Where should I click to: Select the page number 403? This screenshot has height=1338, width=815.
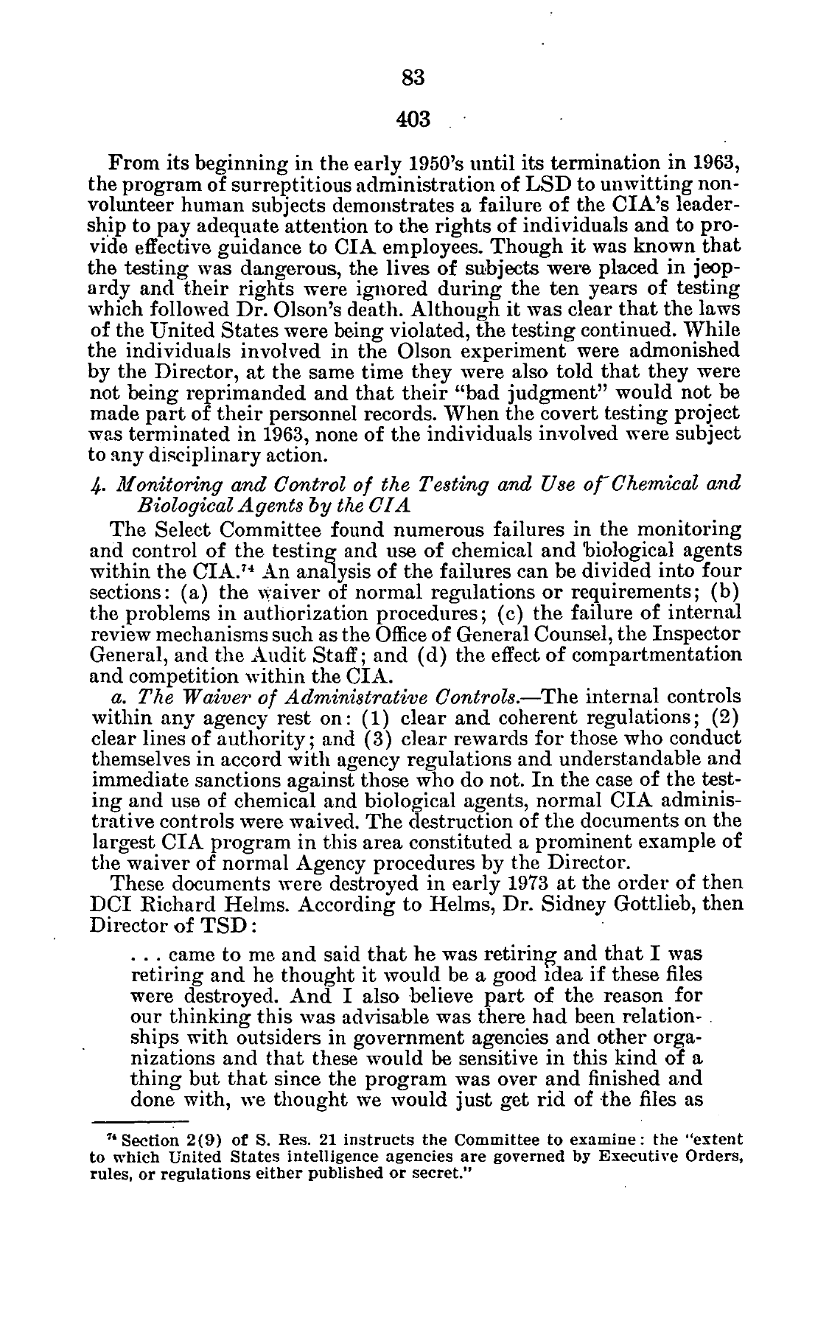pyautogui.click(x=412, y=117)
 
